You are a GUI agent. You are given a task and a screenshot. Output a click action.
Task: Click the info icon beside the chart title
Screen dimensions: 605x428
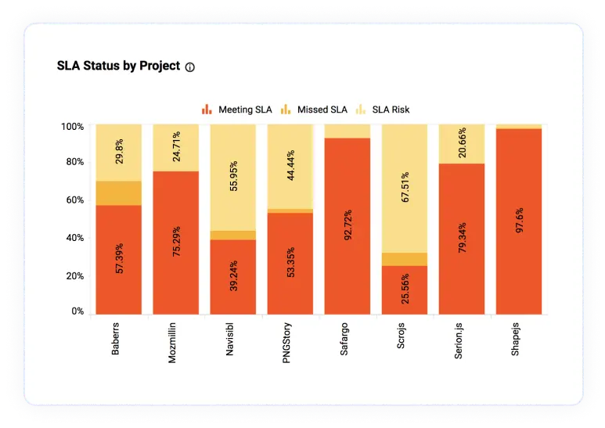tap(190, 67)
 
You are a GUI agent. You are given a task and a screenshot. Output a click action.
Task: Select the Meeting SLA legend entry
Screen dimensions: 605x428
tap(237, 110)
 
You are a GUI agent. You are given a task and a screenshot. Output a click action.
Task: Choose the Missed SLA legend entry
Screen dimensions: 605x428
tap(314, 110)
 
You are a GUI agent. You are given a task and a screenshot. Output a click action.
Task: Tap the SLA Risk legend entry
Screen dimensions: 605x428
tap(383, 110)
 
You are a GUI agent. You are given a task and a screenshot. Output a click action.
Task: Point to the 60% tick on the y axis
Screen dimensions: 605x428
tap(75, 200)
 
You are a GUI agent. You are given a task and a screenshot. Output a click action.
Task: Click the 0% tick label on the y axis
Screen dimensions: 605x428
tap(77, 311)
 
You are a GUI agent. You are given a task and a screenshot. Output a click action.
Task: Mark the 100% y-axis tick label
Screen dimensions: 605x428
tap(72, 127)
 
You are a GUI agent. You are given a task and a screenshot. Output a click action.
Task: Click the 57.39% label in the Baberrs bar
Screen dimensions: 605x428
tap(119, 258)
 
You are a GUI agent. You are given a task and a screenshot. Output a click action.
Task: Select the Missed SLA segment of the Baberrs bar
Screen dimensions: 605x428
tap(119, 193)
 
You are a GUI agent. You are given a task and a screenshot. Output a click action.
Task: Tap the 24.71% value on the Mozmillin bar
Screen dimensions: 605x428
tap(176, 146)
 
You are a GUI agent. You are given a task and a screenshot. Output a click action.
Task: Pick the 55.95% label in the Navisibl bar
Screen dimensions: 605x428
tap(233, 176)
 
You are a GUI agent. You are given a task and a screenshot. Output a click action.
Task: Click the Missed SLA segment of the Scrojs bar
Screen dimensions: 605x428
tap(405, 259)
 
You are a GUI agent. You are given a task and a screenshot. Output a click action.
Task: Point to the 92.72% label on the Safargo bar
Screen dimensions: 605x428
tap(348, 225)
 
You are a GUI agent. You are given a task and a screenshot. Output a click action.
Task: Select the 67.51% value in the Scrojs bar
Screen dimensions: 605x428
tap(405, 187)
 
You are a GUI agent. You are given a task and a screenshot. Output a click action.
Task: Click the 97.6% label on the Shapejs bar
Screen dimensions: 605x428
tap(520, 220)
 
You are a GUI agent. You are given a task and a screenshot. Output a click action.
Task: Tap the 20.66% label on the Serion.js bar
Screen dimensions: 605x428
tap(462, 142)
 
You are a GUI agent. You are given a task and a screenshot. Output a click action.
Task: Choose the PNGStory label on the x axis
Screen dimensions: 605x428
tap(286, 343)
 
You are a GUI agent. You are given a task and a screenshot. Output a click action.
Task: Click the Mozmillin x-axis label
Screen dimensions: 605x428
tap(172, 343)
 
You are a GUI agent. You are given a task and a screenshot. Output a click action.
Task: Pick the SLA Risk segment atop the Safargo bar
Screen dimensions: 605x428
tap(348, 131)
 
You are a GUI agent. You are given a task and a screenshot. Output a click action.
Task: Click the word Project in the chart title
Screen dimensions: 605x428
tap(160, 66)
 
